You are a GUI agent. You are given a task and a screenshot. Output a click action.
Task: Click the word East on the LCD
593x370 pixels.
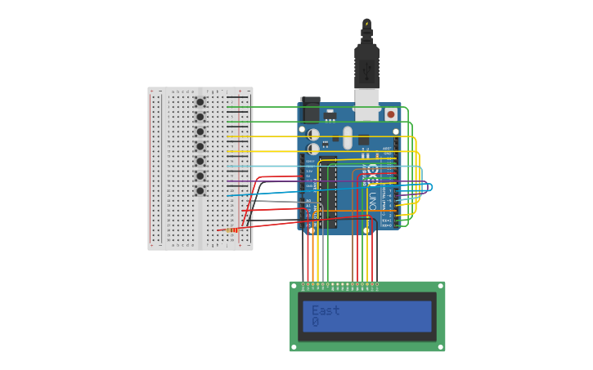326,310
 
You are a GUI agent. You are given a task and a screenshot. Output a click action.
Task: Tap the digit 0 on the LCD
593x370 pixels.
316,323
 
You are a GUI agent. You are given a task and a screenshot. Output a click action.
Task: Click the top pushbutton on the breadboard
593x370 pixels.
200,102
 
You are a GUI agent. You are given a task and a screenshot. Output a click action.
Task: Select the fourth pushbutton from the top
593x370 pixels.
200,146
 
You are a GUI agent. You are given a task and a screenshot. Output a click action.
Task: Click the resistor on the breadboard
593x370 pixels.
231,230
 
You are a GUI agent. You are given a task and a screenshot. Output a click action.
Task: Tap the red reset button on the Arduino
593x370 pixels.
390,115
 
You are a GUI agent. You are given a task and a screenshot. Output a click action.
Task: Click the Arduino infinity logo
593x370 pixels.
373,172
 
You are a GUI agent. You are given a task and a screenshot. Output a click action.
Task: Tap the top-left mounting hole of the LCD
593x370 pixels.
295,287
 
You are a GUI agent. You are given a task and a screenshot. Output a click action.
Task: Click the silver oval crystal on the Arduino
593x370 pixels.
348,136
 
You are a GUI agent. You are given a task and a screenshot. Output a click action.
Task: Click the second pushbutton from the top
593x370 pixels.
200,117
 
